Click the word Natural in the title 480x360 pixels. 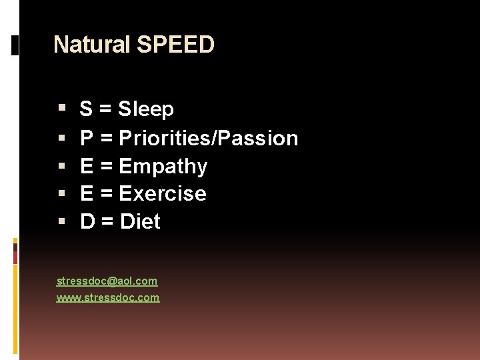click(x=92, y=45)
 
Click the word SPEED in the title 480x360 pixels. click(x=175, y=45)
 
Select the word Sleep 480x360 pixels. click(x=146, y=109)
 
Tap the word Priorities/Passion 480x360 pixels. click(x=208, y=138)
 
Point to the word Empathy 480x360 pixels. click(x=163, y=166)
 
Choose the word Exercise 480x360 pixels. click(x=162, y=194)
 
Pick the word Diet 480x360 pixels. click(x=140, y=221)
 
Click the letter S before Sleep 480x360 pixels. click(x=86, y=109)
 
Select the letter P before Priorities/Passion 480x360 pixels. click(x=87, y=138)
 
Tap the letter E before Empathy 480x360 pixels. click(x=87, y=166)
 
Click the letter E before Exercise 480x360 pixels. click(x=87, y=194)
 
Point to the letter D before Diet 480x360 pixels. click(x=87, y=221)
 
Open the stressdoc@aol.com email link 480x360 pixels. click(x=107, y=281)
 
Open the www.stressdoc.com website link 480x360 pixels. click(x=108, y=298)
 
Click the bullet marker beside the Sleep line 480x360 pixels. click(x=61, y=107)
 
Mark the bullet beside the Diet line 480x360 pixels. click(x=61, y=220)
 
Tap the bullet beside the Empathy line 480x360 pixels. click(x=61, y=164)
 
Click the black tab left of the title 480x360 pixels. click(x=15, y=45)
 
